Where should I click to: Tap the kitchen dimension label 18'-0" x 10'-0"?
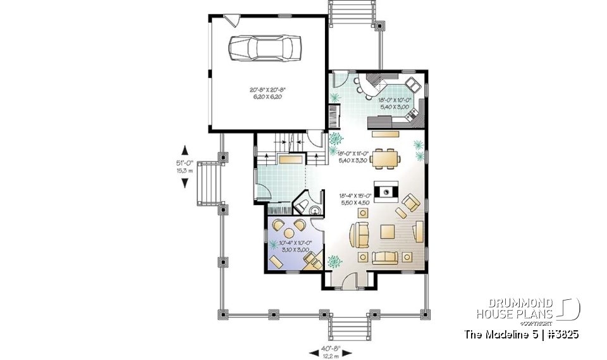tap(395, 103)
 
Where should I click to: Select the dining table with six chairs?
tap(385, 158)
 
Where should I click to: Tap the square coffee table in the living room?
tap(387, 233)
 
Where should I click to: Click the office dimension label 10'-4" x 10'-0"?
tap(290, 246)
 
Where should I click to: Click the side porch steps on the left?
tap(207, 183)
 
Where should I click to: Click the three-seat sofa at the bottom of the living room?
tap(386, 257)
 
